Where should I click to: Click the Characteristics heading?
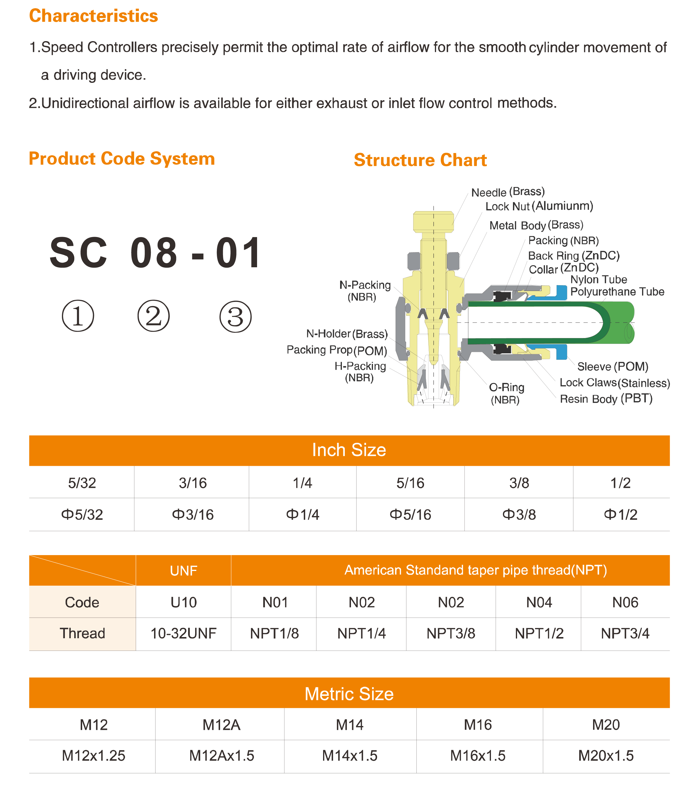point(93,16)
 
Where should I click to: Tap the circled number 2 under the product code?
point(153,316)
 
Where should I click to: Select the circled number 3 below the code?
point(235,317)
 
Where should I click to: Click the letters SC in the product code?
point(78,253)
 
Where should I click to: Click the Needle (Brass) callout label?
point(508,192)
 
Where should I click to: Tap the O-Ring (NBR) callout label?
point(506,393)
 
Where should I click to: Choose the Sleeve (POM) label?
point(612,366)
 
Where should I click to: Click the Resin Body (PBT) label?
point(606,399)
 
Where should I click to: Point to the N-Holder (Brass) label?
point(347,334)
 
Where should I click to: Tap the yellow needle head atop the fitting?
point(433,222)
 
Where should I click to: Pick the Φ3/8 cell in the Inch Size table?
point(519,515)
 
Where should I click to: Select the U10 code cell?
point(183,602)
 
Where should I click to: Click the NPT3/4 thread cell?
point(625,633)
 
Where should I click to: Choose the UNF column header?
point(183,571)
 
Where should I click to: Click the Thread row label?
point(82,633)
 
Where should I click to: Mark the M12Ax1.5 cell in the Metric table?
point(221,756)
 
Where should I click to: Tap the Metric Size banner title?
point(349,694)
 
